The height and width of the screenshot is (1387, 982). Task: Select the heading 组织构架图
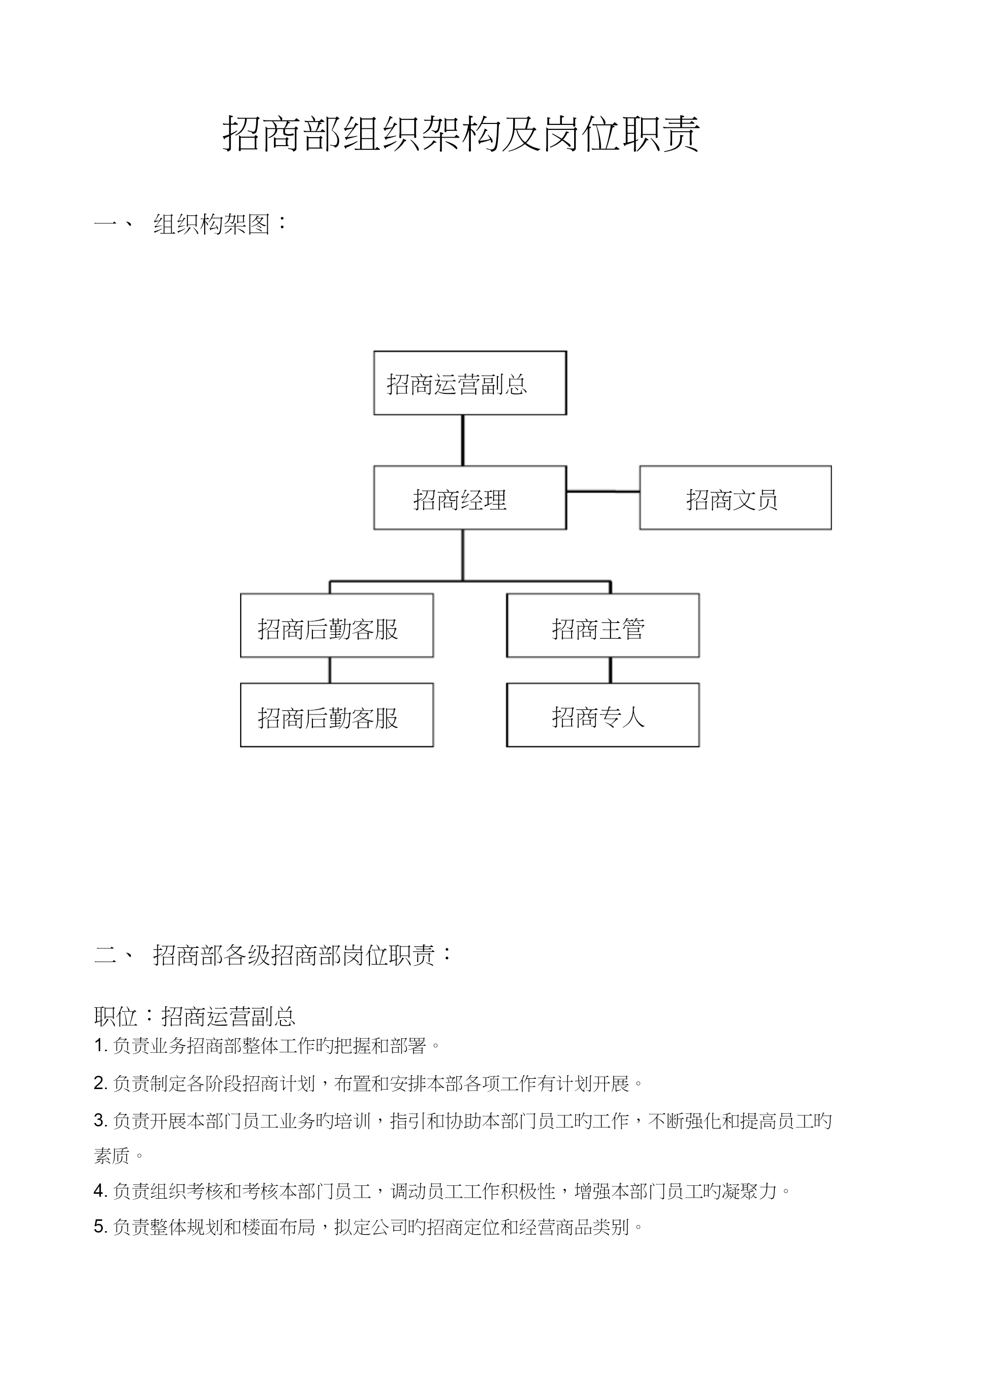tap(212, 224)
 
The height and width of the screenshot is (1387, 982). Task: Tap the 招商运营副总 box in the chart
tap(470, 383)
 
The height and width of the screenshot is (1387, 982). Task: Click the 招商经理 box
tap(470, 498)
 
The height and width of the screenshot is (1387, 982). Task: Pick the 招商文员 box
tap(736, 498)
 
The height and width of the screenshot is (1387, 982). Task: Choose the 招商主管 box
tap(603, 625)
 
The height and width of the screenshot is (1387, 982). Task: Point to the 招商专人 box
tap(603, 715)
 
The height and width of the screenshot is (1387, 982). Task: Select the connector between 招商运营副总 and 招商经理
tap(463, 440)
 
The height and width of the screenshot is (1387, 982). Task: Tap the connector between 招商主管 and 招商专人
tap(611, 670)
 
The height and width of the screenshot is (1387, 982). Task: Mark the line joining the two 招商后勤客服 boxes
tap(330, 670)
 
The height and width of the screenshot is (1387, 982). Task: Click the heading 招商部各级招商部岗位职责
tap(294, 955)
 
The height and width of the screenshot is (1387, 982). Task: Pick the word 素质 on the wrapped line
tap(112, 1155)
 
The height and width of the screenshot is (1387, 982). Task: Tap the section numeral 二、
tap(115, 955)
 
